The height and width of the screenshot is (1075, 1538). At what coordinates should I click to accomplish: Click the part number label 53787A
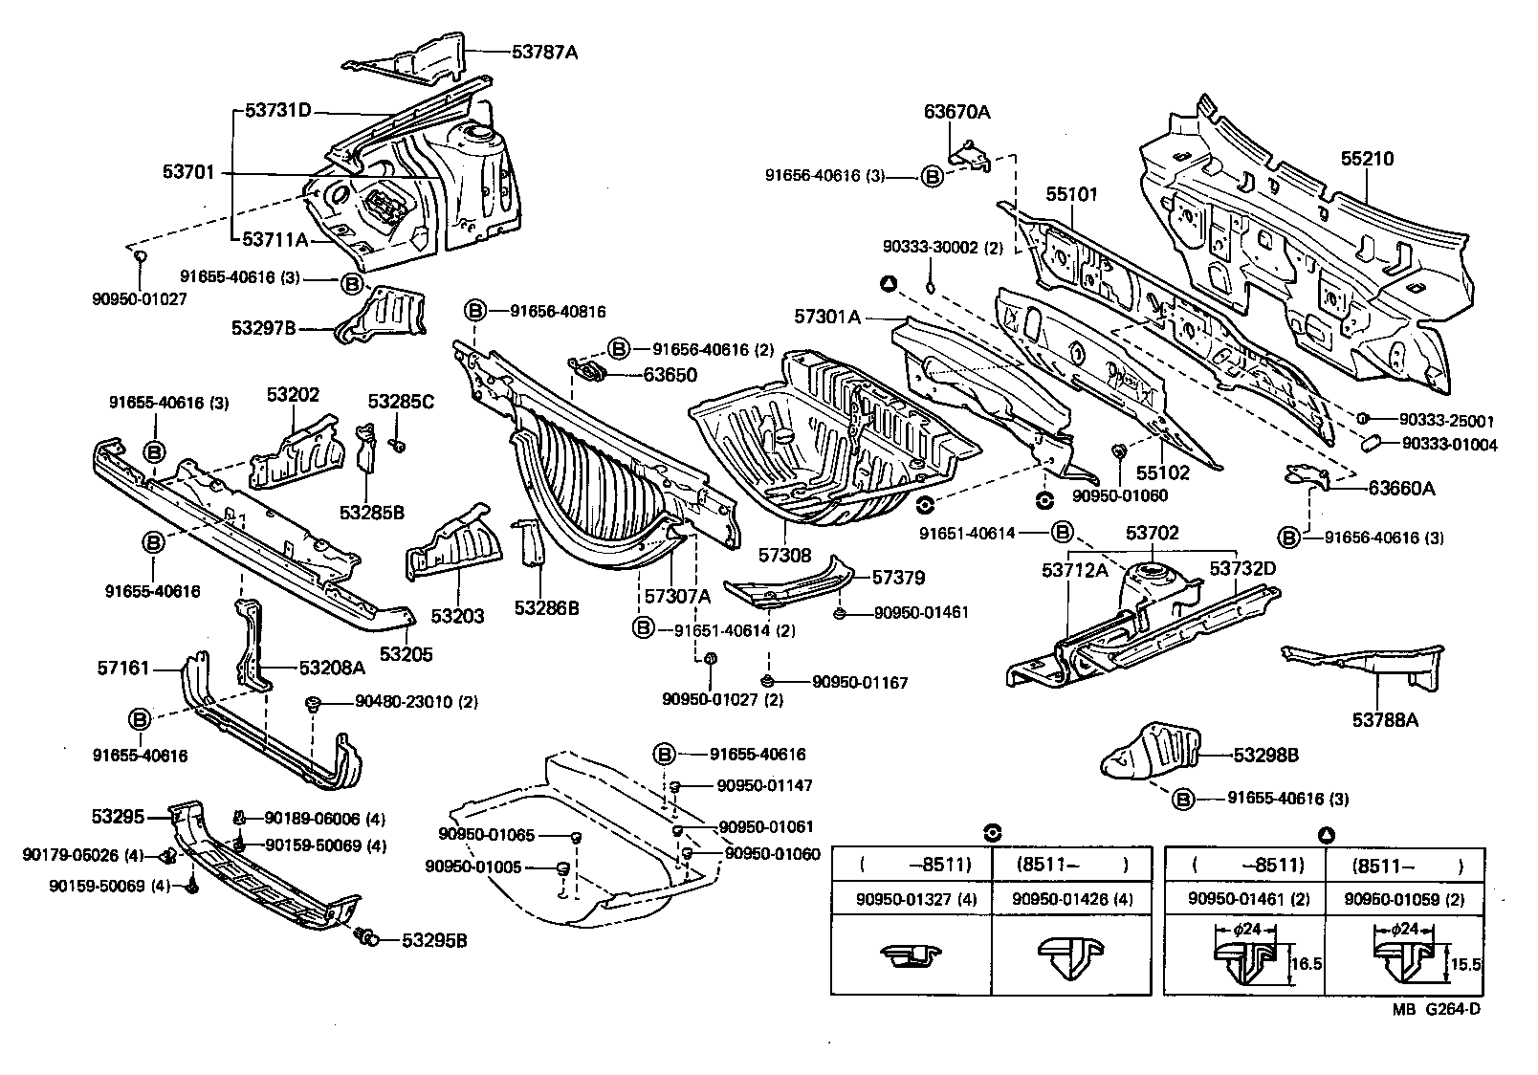point(545,53)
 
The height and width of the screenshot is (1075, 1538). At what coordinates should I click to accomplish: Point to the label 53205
point(406,654)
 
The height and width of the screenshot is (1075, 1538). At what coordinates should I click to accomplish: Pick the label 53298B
point(1265,756)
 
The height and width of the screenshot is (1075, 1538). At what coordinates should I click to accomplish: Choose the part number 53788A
point(1385,719)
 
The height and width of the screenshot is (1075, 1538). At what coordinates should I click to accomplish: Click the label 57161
point(122,667)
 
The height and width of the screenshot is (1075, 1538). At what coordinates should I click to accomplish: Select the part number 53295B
point(433,940)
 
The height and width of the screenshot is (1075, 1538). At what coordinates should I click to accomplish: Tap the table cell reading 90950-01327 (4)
point(911,899)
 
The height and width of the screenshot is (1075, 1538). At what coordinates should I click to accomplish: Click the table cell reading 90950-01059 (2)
point(1404,899)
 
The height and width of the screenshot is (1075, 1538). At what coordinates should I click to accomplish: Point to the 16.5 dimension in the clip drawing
point(1307,964)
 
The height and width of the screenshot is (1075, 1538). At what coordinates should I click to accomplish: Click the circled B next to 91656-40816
point(474,311)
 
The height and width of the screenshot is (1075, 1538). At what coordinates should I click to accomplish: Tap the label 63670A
point(956,112)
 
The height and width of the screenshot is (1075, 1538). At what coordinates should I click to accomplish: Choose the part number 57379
point(898,578)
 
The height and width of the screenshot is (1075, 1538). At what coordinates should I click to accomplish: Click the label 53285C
point(402,402)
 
